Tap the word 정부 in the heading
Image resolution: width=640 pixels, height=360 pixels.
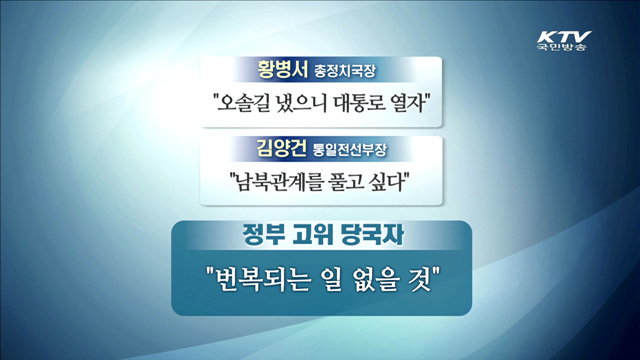[265, 236]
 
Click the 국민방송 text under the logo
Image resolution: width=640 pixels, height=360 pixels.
[562, 48]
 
